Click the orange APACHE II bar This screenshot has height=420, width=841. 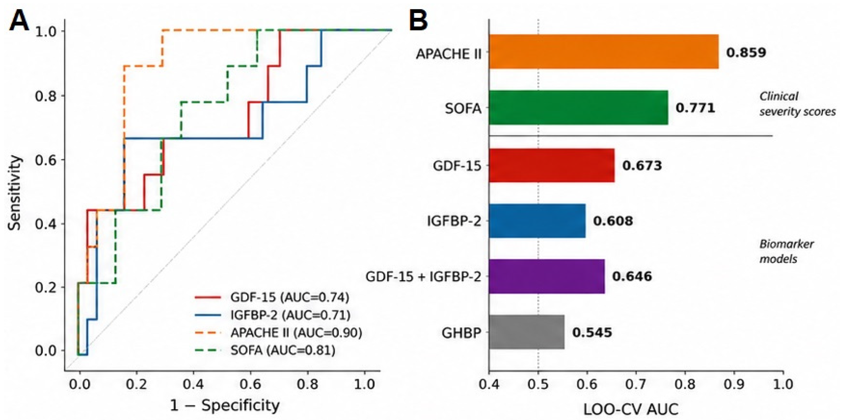[604, 52]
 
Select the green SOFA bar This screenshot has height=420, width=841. [579, 108]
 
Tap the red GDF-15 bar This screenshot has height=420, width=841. [552, 165]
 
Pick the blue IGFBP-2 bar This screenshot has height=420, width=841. [537, 221]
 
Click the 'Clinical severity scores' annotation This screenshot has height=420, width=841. [797, 104]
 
